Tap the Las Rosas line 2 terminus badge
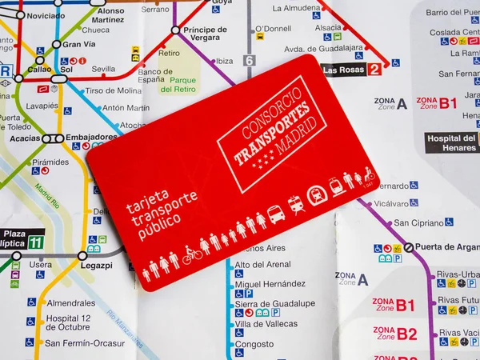(351, 70)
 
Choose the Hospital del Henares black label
(451, 143)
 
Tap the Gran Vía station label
(78, 44)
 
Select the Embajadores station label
(91, 137)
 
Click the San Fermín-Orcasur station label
(85, 343)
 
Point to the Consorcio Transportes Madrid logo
(273, 132)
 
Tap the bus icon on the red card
(275, 214)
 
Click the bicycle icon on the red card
(192, 254)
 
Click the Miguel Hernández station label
(270, 284)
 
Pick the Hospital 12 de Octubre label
(79, 322)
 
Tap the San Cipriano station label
(418, 222)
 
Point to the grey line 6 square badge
(250, 60)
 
